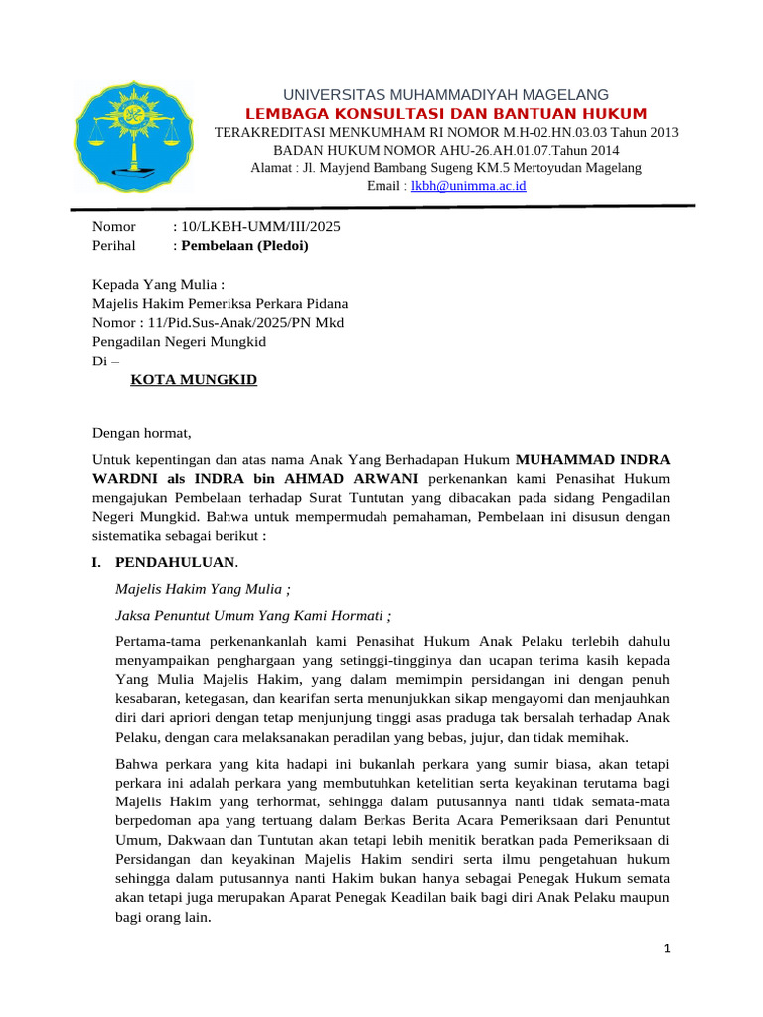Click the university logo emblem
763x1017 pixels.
click(131, 136)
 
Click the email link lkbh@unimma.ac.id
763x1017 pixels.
click(468, 186)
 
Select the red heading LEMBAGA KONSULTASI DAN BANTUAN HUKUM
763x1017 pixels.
click(446, 114)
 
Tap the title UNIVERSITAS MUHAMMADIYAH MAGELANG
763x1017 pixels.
click(446, 94)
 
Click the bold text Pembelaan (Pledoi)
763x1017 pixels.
click(243, 245)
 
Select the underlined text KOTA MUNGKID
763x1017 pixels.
click(194, 380)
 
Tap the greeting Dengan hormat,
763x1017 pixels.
click(140, 433)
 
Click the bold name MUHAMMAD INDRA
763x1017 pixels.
click(592, 460)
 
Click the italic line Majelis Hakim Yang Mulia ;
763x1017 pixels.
click(204, 589)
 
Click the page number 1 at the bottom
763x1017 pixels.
click(668, 949)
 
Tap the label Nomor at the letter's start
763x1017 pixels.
click(113, 227)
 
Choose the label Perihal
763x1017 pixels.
click(115, 245)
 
